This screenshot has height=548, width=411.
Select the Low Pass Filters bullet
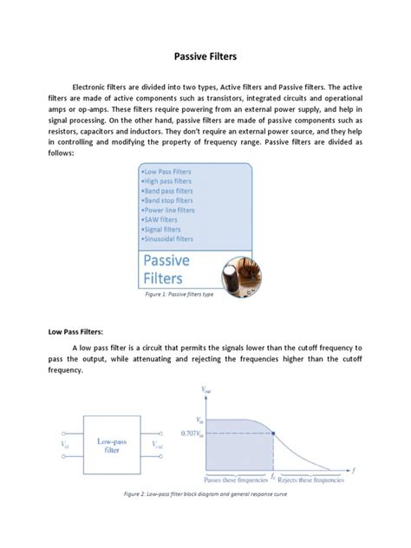(x=168, y=173)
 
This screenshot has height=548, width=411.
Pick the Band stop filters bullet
(x=167, y=200)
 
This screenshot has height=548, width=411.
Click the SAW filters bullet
(x=160, y=219)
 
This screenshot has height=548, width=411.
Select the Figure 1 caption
(x=179, y=295)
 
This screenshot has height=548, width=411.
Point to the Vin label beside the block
(x=65, y=445)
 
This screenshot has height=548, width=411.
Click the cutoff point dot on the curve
(x=273, y=433)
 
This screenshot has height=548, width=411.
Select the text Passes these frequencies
(x=235, y=479)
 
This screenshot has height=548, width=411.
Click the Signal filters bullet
(x=163, y=229)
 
